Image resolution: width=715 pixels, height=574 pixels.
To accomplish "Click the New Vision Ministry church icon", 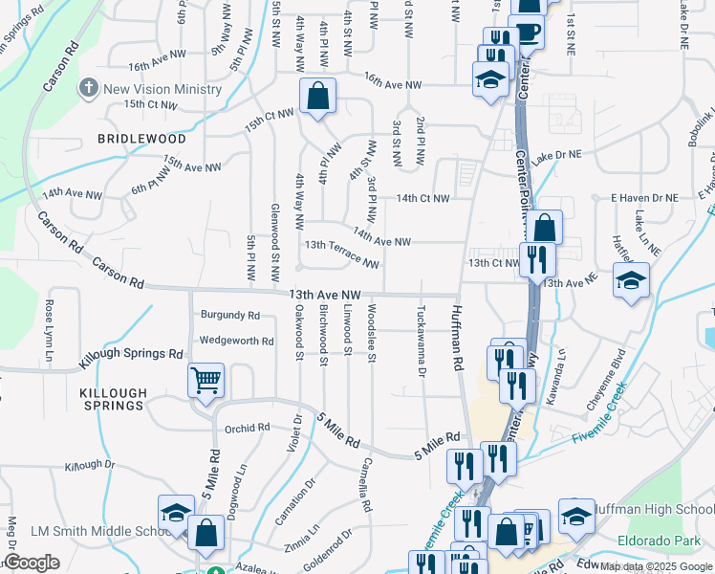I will (89, 89).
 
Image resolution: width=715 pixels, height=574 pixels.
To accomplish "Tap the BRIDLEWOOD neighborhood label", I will (141, 139).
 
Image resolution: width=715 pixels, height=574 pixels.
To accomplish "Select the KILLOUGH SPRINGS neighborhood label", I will (113, 399).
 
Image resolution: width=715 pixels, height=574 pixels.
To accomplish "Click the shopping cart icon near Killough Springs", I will (206, 380).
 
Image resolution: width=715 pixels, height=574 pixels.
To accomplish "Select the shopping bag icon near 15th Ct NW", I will (316, 96).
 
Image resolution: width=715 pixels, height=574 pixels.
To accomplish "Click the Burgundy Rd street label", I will (230, 315).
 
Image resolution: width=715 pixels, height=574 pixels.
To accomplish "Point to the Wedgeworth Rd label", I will (237, 341).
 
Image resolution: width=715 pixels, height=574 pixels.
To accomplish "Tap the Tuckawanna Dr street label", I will (422, 341).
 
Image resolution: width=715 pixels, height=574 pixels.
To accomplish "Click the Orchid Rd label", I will (250, 429).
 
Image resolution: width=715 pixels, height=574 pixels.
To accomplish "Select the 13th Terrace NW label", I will (342, 253).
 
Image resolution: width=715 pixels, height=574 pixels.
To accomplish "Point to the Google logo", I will (32, 563).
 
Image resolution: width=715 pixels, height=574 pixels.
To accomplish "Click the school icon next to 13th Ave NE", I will (631, 280).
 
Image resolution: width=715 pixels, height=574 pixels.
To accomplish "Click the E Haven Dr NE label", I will (645, 197).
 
